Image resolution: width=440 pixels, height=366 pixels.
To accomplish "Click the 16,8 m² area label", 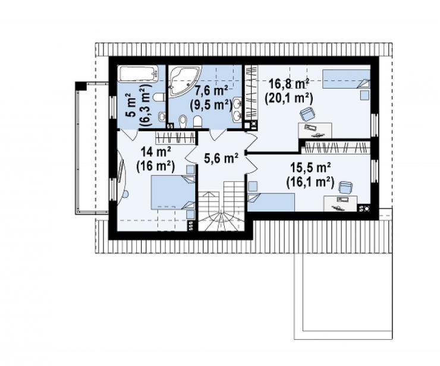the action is tap(289, 84).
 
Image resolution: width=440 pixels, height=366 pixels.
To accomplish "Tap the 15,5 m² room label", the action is tap(310, 168).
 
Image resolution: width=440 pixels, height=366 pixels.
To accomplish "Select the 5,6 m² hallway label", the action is tap(221, 159).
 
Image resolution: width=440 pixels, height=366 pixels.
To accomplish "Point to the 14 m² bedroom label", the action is tap(156, 152).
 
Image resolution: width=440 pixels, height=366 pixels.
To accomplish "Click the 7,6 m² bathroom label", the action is tap(211, 90).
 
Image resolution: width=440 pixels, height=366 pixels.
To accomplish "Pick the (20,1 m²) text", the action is tap(289, 99).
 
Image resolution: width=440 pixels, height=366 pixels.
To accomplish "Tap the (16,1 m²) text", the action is tap(310, 182).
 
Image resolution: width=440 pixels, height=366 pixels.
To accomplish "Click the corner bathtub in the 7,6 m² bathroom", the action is tap(185, 81).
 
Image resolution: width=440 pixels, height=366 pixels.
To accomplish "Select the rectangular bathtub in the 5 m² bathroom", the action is tap(138, 74).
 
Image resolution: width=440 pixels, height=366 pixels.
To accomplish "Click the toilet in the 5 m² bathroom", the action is tap(159, 97).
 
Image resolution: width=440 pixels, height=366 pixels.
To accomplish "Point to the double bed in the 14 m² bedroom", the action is tap(173, 193).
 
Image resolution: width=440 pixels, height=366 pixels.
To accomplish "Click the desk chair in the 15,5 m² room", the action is tap(345, 187).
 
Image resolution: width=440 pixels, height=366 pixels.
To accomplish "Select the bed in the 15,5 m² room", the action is tap(271, 202).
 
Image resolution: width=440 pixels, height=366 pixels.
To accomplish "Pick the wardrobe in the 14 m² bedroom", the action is tap(175, 138).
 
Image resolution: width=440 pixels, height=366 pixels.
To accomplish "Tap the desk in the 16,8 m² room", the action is tap(315, 130).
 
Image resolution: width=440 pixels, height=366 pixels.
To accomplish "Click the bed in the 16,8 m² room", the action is tap(346, 79).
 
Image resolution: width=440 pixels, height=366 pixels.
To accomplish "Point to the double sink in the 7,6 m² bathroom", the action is tap(237, 110).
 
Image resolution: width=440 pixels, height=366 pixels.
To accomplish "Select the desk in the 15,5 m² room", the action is tap(340, 203).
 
